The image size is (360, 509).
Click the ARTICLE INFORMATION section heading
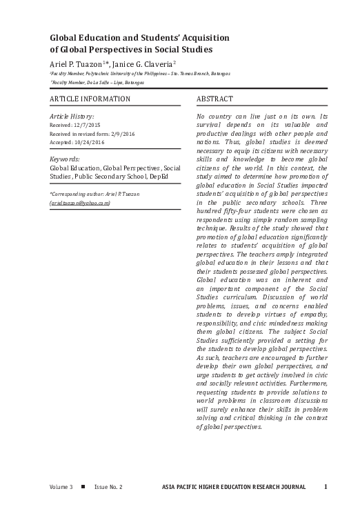click(90, 99)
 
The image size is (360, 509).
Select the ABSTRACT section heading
click(214, 99)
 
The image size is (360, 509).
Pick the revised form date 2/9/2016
click(117, 134)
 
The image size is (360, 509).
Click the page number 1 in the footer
click(326, 486)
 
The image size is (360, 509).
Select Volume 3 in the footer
click(61, 487)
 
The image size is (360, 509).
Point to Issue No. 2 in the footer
click(108, 487)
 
